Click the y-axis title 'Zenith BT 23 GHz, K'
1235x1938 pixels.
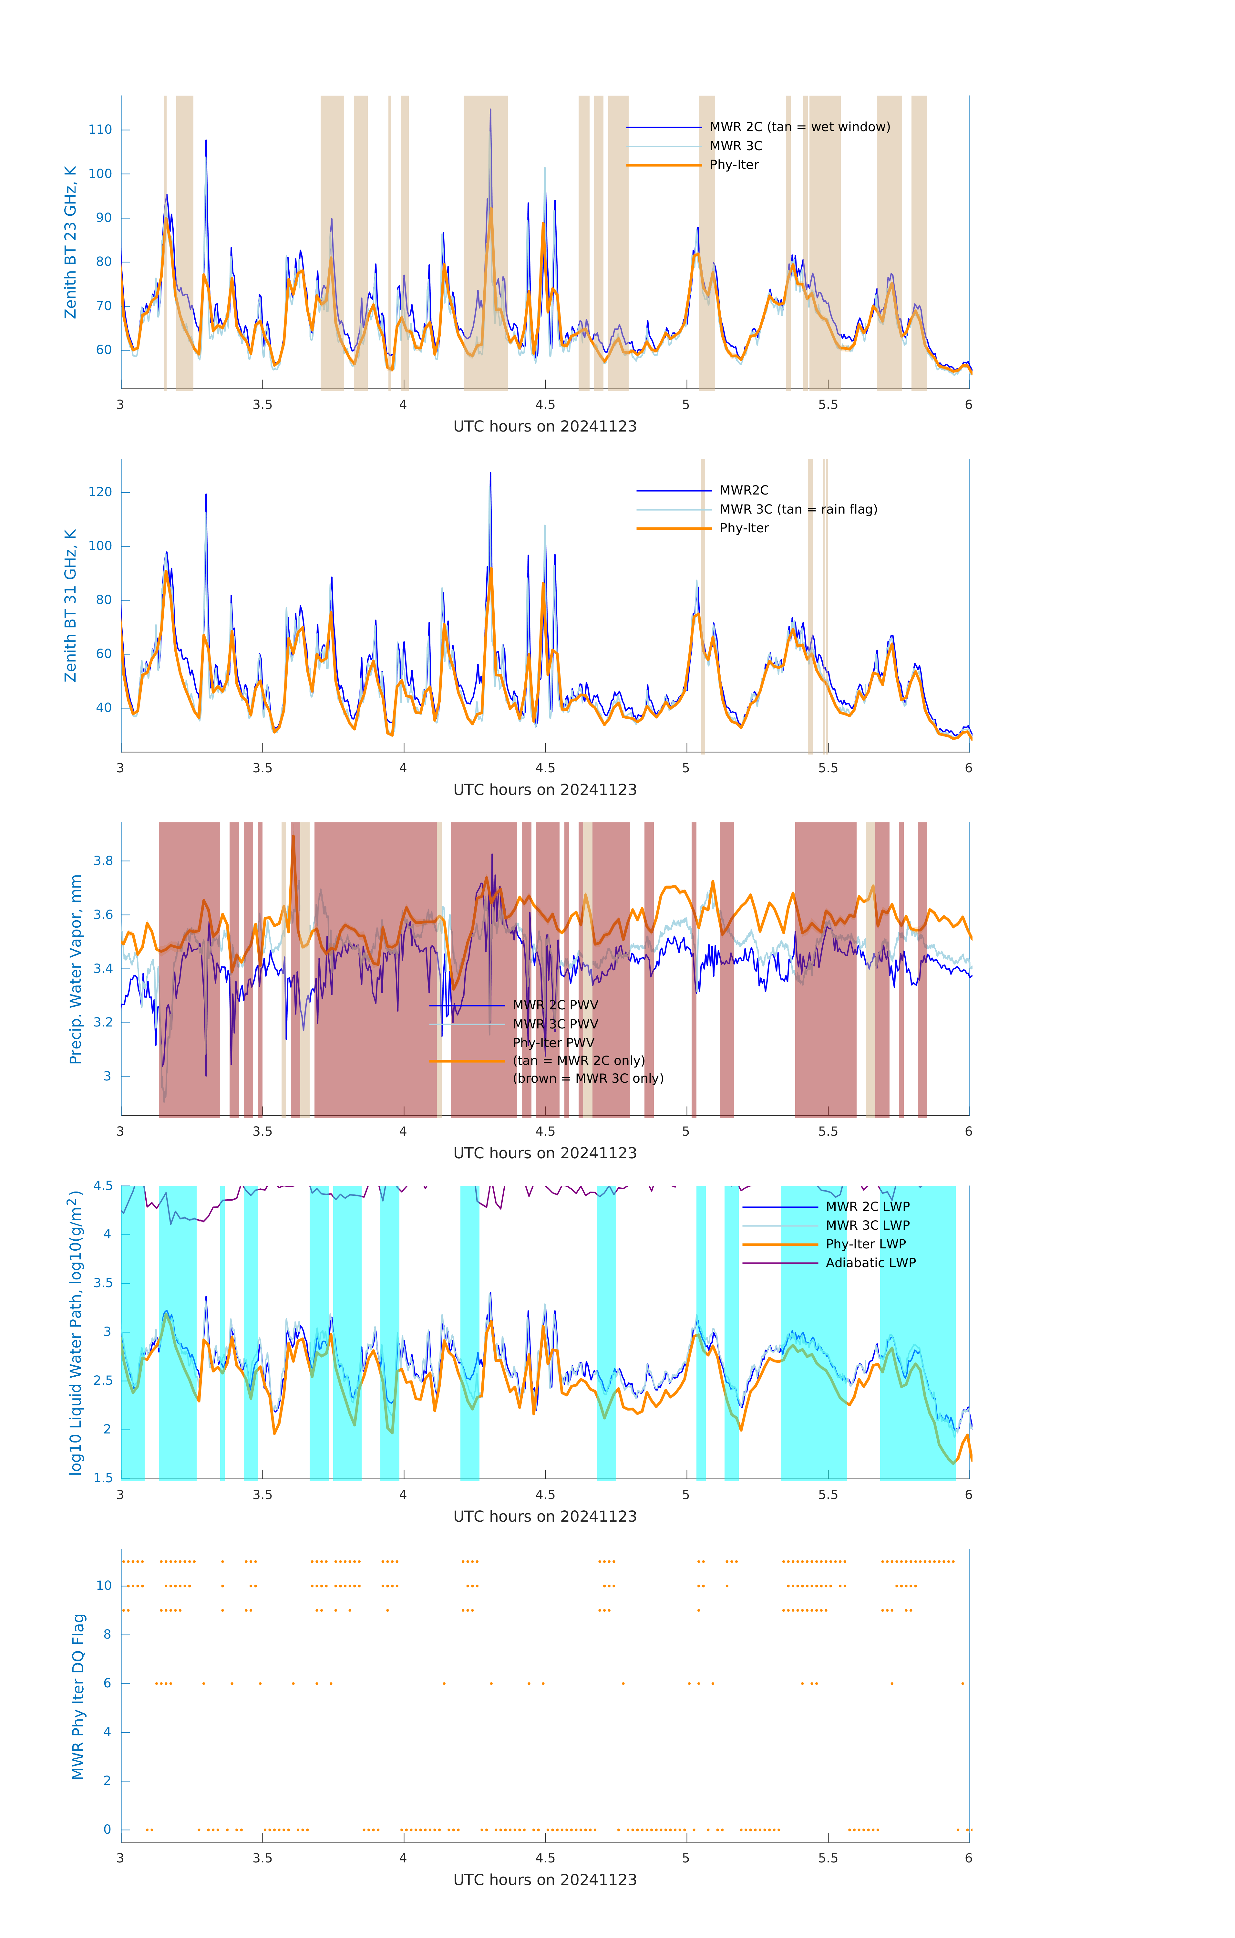tap(71, 242)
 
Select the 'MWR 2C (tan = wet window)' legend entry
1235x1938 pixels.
tap(799, 127)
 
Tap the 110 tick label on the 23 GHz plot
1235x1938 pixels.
tap(100, 130)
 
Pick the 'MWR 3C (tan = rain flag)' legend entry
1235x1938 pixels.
tap(797, 509)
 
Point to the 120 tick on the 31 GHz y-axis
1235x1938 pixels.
tap(100, 492)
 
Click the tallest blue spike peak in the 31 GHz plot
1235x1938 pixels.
tap(490, 474)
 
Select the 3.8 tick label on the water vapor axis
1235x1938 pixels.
tap(103, 861)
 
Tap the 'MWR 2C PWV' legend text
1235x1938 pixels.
tap(555, 1005)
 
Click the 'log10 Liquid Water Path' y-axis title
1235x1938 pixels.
tap(76, 1332)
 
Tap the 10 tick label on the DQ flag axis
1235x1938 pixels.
tap(104, 1586)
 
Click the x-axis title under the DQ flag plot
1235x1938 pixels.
tap(545, 1880)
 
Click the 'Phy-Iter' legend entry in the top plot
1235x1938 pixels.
tap(734, 165)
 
